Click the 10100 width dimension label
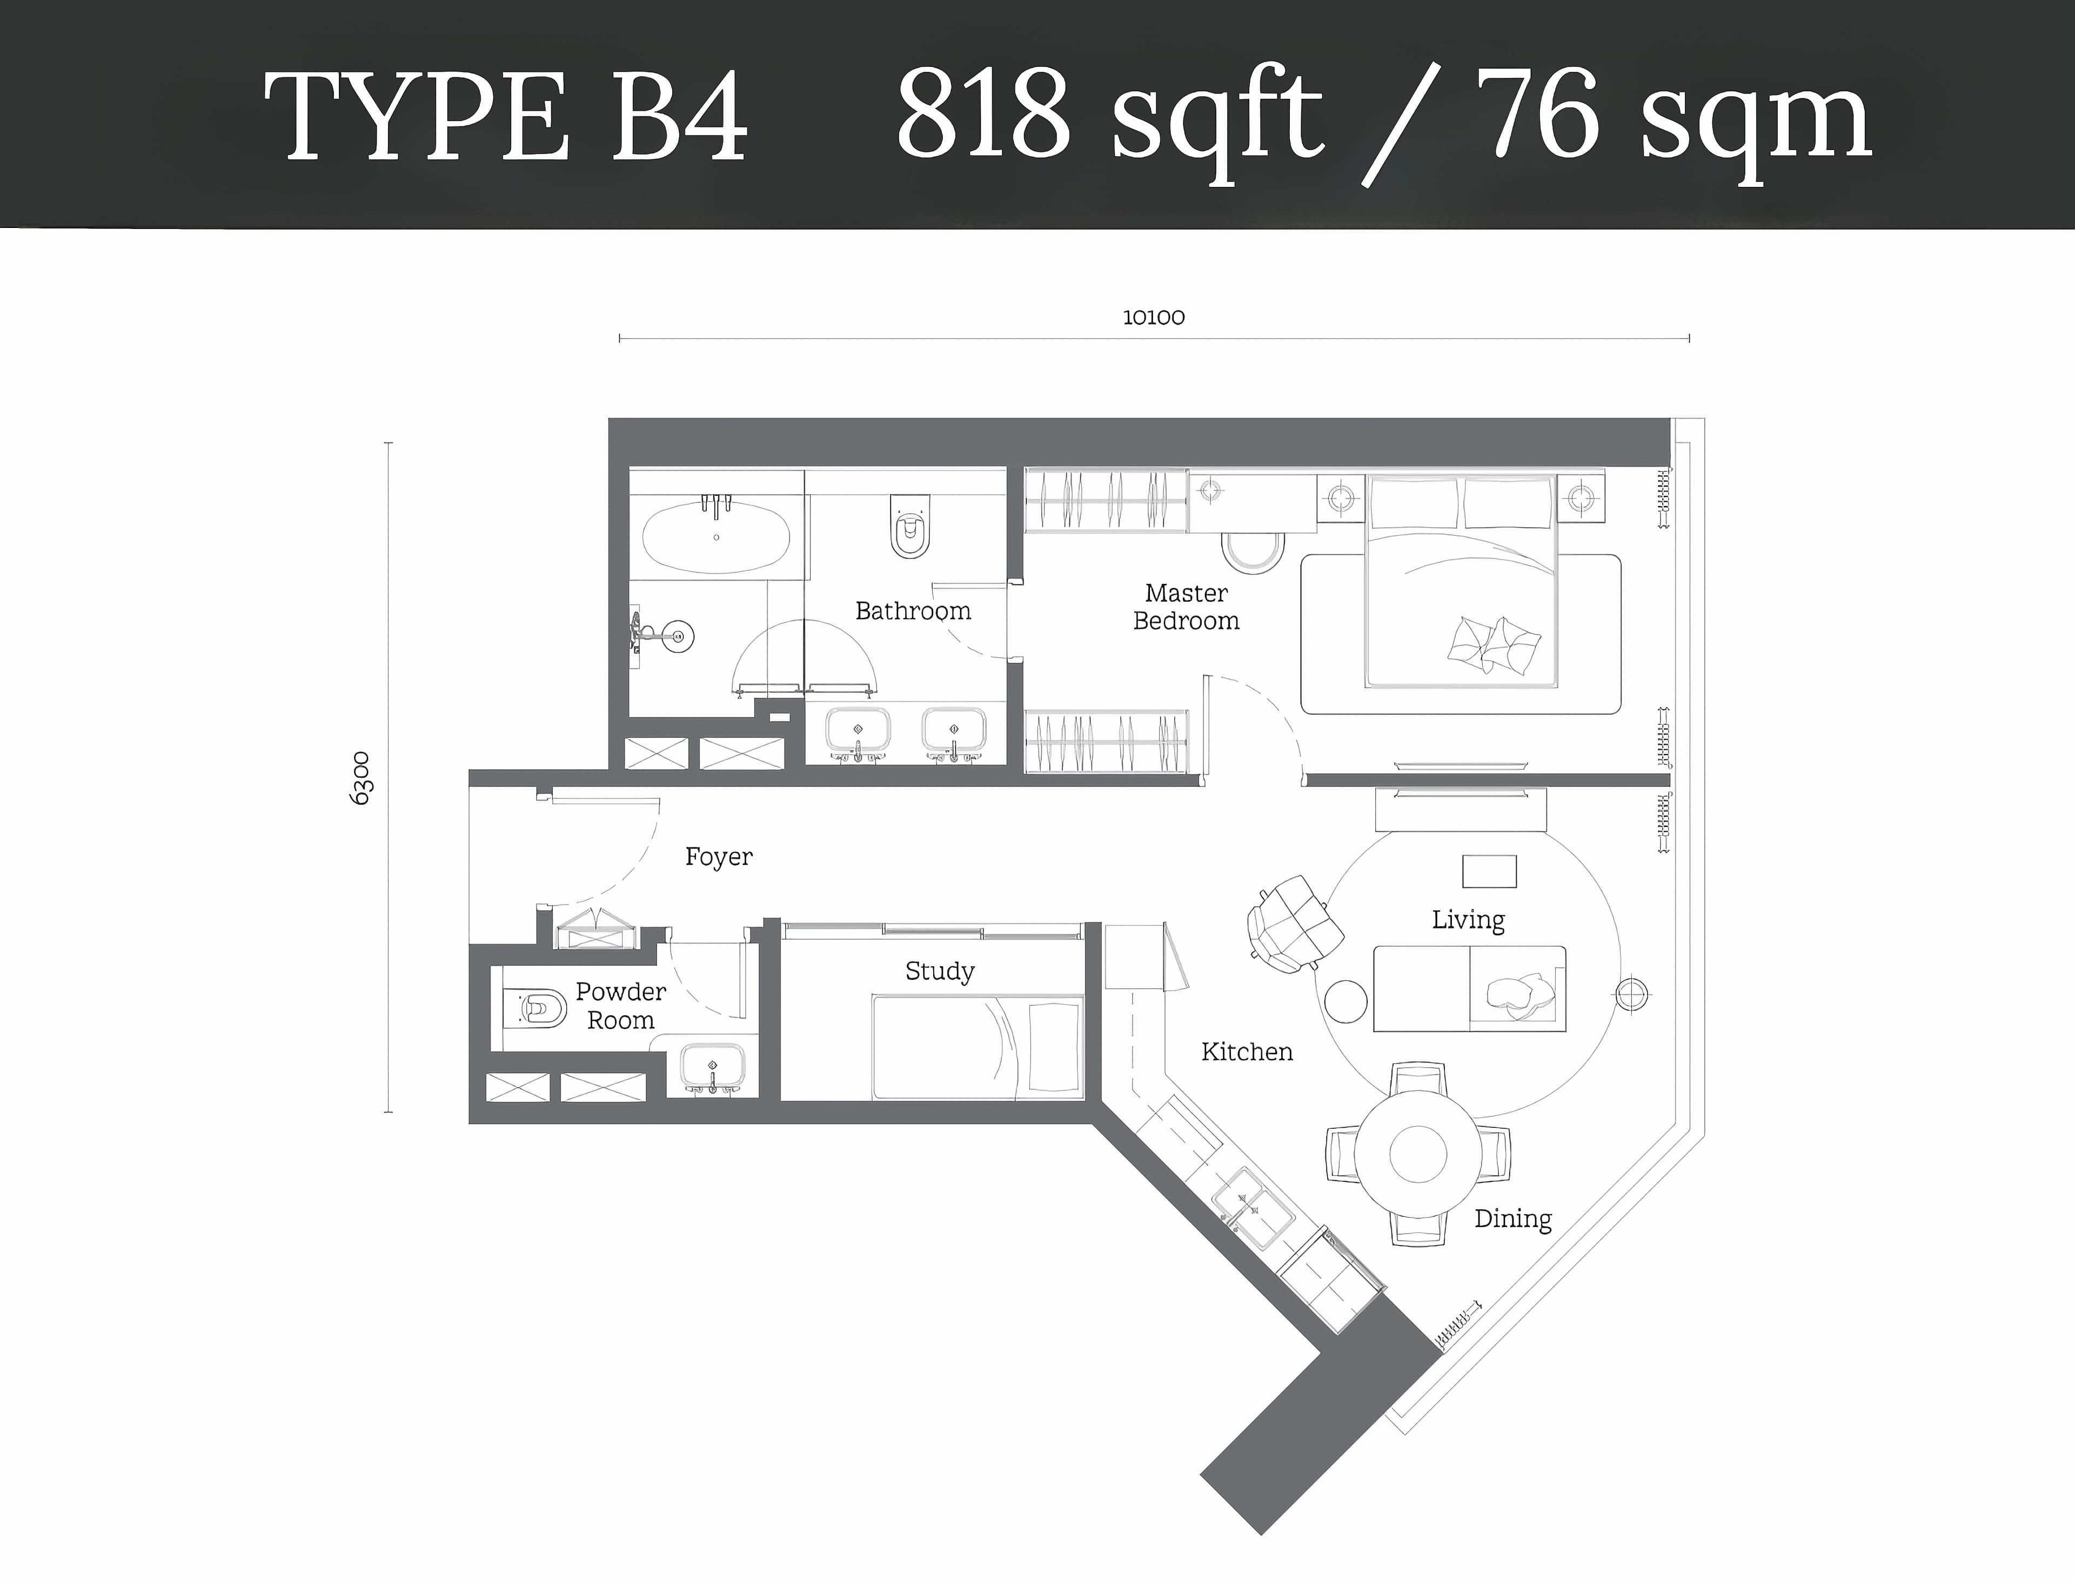(1153, 318)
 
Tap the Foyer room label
(719, 857)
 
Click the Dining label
(1512, 1219)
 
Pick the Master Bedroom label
(1186, 608)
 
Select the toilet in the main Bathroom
(909, 527)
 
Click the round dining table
(1417, 1154)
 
